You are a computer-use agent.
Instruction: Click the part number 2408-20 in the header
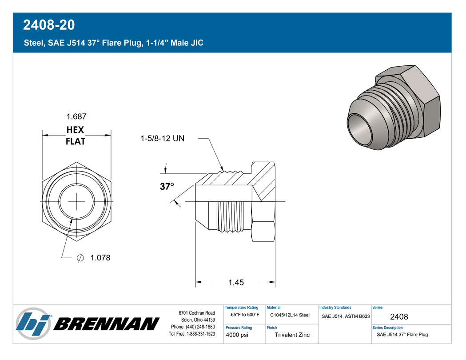(x=49, y=25)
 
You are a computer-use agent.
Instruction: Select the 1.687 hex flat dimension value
(x=76, y=116)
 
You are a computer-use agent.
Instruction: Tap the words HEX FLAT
(x=76, y=136)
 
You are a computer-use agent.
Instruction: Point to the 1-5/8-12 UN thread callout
(x=162, y=139)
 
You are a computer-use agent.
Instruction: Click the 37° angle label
(x=167, y=186)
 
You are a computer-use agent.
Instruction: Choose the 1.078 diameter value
(x=100, y=258)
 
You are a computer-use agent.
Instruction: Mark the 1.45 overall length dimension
(x=236, y=282)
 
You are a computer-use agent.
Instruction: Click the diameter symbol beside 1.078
(x=80, y=258)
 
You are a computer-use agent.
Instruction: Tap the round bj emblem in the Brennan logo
(x=33, y=324)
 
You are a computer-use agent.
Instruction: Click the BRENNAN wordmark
(x=107, y=324)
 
